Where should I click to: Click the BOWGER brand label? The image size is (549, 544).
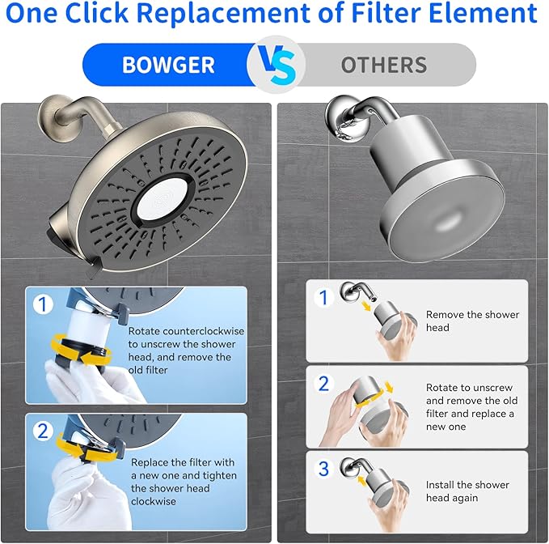[x=167, y=66]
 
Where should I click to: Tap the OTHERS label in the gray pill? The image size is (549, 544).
[x=383, y=66]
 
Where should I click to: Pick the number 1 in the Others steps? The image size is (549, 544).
[x=323, y=298]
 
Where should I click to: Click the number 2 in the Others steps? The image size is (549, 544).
[x=323, y=383]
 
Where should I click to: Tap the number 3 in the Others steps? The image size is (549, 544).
[x=323, y=469]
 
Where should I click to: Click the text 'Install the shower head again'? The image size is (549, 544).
[x=467, y=491]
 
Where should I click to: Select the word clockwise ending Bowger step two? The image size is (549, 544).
[x=154, y=501]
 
